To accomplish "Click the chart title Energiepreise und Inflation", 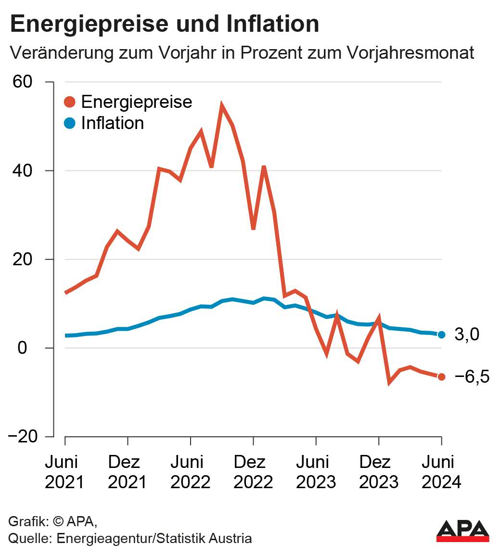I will pos(164,24).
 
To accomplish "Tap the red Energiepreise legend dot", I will pos(70,102).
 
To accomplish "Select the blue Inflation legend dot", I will pos(70,123).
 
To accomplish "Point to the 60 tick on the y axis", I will pos(23,82).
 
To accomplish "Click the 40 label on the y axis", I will pos(23,170).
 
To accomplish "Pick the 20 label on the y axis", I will pos(23,259).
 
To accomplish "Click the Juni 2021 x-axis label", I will pos(64,472).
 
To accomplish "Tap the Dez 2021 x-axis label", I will pos(127,472).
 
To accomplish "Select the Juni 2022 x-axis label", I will pos(191,472).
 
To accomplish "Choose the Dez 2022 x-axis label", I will pos(253,472).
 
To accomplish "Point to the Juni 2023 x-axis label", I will pos(316,472).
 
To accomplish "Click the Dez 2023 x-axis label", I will pos(379,472).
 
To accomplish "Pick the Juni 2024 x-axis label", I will pos(441,472).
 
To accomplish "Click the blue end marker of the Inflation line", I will pos(441,335).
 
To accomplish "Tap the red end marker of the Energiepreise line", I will pos(441,376).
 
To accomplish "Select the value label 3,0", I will pos(467,335).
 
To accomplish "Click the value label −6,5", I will pos(471,377).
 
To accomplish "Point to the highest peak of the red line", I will pos(222,105).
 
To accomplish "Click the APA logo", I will pos(462,531).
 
